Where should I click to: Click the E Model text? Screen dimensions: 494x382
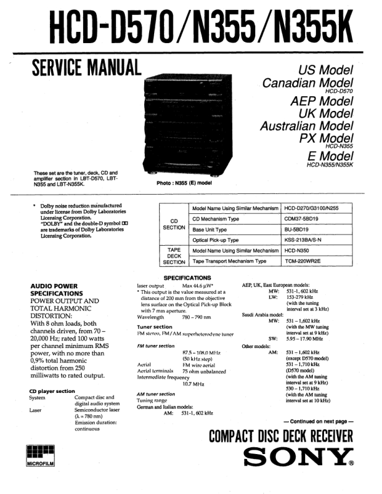330,155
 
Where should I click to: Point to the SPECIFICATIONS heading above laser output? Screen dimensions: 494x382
187,278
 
